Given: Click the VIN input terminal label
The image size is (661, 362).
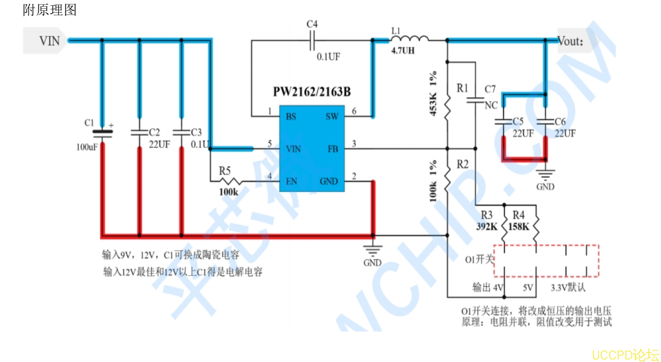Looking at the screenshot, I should tap(49, 41).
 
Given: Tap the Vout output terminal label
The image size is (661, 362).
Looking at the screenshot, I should tap(570, 41).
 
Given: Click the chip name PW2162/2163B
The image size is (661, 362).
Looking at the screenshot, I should tap(312, 92).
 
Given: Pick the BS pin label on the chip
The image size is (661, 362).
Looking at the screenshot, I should tap(291, 117).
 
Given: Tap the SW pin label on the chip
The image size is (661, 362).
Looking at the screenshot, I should tap(332, 117).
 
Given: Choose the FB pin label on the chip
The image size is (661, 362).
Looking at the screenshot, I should tap(333, 149).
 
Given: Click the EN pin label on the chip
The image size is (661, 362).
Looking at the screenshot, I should tap(292, 181).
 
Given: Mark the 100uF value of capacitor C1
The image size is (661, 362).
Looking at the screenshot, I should tap(87, 147).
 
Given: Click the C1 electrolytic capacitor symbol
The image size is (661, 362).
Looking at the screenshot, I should tap(102, 132).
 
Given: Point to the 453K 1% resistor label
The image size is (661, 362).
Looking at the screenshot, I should tap(433, 93).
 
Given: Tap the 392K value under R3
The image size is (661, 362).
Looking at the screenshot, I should tap(487, 227).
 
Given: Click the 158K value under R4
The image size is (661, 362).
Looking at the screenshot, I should tap(518, 227).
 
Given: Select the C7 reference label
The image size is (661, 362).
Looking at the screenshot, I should tap(490, 89).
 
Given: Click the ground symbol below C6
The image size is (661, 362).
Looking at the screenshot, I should tap(545, 174).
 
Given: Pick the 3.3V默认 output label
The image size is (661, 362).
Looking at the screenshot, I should tap(568, 288).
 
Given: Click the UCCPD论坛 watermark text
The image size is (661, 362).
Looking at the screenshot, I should tap(625, 355).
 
